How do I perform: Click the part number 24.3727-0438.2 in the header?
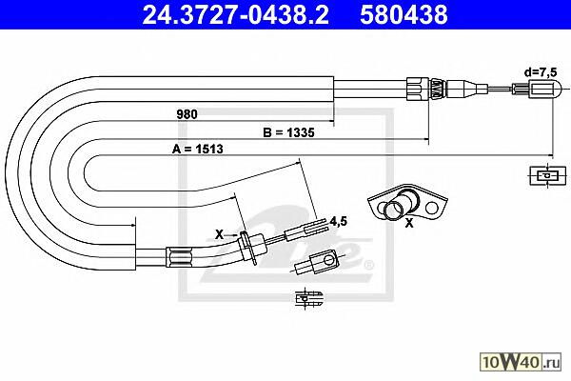tap(235, 14)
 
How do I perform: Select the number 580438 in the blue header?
tap(404, 14)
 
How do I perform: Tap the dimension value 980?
tap(187, 114)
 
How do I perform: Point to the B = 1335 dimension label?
tap(288, 132)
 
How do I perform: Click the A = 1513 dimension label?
tap(197, 149)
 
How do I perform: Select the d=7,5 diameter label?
tap(541, 71)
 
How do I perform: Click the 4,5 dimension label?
tap(338, 221)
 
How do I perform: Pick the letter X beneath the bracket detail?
tap(409, 223)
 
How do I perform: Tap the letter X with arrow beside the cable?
tap(219, 234)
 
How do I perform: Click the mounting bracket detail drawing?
tap(408, 203)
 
